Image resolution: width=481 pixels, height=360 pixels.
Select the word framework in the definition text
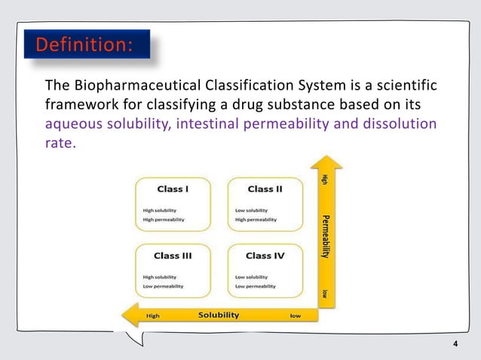[78, 103]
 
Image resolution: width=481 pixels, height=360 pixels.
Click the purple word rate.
[60, 142]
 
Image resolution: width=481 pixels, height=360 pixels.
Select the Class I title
[173, 188]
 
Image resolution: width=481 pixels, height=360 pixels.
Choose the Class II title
[265, 188]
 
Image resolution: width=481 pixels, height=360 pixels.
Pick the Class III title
[173, 255]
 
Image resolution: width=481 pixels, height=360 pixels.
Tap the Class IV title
[265, 255]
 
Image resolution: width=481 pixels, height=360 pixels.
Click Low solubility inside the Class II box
[251, 210]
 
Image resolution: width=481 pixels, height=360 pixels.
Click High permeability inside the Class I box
[164, 220]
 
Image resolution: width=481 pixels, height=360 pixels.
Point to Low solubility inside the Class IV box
[251, 277]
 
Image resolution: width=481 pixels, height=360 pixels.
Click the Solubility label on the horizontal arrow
[219, 315]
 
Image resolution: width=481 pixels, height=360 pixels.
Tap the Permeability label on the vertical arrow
[326, 237]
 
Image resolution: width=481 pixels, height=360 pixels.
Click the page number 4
[455, 345]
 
